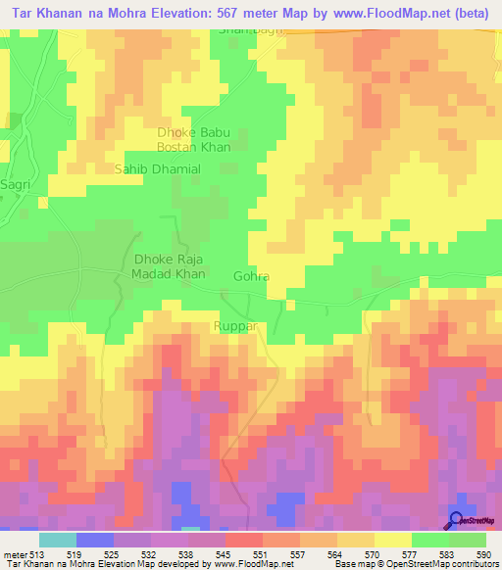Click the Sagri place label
tap(17, 184)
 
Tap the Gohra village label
tap(251, 277)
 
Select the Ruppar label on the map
tap(235, 326)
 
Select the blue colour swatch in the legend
tap(94, 540)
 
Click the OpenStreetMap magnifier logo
tap(455, 520)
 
